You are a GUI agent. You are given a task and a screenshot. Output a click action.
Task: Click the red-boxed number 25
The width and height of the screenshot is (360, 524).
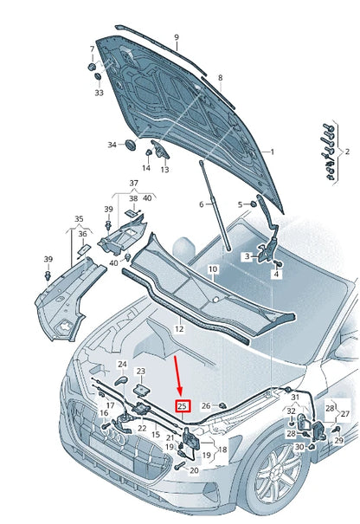183,405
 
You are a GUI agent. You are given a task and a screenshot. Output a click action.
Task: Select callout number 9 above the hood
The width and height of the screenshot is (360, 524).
177,37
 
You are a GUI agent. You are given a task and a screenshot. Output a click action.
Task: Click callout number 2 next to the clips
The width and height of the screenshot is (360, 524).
347,151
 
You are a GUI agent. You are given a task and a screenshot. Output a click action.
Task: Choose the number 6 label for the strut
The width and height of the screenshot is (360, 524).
201,204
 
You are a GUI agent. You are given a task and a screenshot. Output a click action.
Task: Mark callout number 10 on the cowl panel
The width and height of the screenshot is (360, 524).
212,269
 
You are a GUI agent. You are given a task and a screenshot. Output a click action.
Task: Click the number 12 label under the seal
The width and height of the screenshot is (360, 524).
178,328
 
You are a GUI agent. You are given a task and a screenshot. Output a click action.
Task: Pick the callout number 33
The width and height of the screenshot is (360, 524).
99,93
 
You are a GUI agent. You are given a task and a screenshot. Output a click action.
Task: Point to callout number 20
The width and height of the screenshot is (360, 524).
194,470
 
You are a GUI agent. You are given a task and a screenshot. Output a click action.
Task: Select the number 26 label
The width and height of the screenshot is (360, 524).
206,405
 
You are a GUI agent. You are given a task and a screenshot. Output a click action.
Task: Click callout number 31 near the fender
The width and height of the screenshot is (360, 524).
296,397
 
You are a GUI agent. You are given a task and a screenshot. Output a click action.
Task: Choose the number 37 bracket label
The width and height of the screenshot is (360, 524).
133,183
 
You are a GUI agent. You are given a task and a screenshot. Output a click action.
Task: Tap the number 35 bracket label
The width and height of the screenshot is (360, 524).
79,219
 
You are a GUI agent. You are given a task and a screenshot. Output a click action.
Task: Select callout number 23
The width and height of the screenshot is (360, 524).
141,371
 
